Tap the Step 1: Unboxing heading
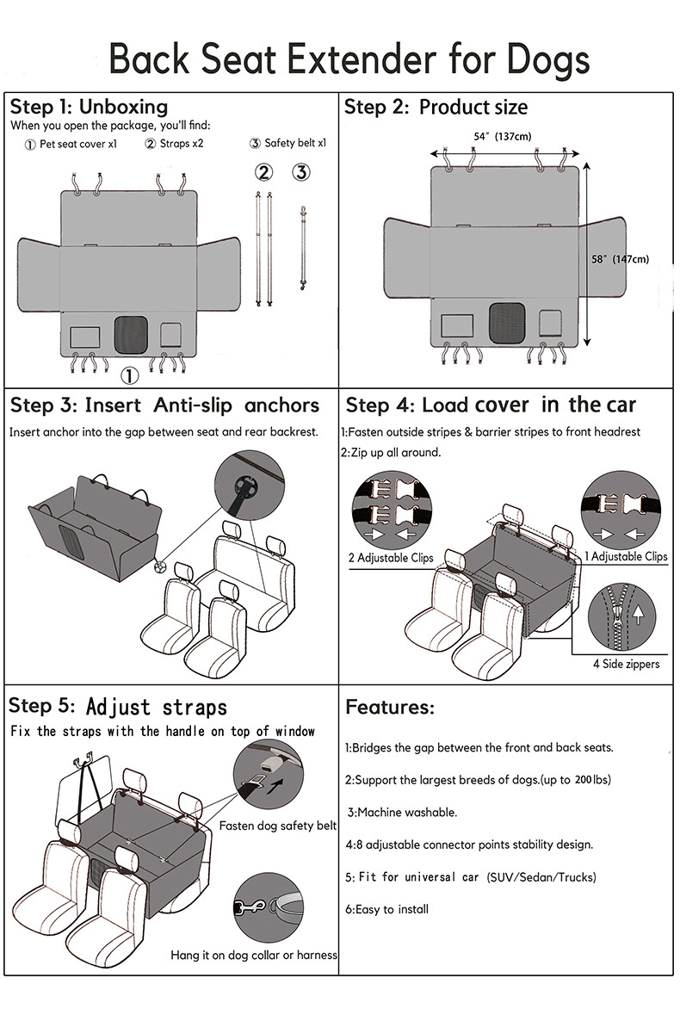click(x=89, y=107)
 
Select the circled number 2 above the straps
click(x=263, y=172)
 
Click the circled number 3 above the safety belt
click(x=300, y=172)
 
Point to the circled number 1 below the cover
click(x=128, y=375)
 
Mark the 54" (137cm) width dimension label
click(x=502, y=136)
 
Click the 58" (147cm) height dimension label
click(x=620, y=259)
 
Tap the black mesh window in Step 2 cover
click(x=504, y=321)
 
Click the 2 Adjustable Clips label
click(x=390, y=558)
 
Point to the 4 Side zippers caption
click(x=626, y=664)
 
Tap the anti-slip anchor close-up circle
click(x=249, y=488)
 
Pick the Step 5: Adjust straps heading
click(x=118, y=707)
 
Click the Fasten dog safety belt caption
click(x=277, y=826)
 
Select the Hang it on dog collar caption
click(x=254, y=955)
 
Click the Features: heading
click(x=389, y=708)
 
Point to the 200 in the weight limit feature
click(x=586, y=779)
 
